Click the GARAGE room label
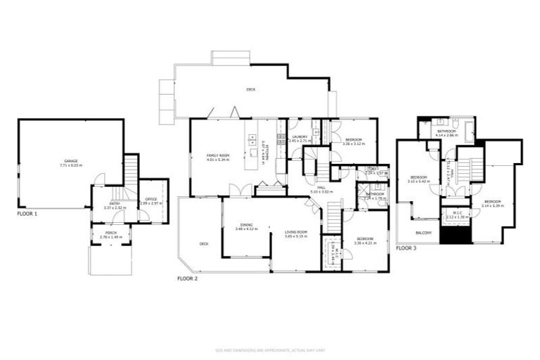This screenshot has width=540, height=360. coord(71,160)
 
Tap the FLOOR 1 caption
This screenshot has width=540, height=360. coord(27,212)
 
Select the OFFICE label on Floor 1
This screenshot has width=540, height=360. coord(152,199)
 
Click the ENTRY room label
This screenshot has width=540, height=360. coord(114,204)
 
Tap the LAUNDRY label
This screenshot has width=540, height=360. coord(299,137)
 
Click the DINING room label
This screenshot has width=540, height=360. coord(246,225)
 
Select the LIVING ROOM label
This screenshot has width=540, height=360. coord(297,232)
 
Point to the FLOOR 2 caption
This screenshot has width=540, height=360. coord(187,279)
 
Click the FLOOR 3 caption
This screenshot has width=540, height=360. coord(406,248)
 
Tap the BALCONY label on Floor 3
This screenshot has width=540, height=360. coord(423,233)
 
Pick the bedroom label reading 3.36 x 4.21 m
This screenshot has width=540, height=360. coord(366,243)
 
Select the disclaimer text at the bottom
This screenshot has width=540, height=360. coord(270,349)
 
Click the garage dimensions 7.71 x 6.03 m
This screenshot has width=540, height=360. coord(71,165)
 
